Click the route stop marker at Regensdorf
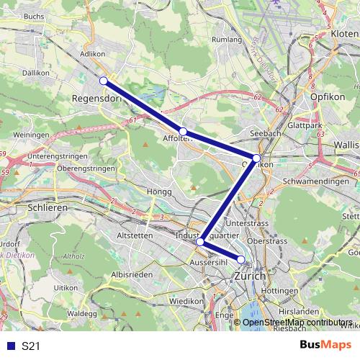104,81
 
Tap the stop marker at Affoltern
184,131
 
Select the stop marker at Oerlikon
256,158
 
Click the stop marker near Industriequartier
200,243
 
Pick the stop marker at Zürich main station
241,259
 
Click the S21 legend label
31,346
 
